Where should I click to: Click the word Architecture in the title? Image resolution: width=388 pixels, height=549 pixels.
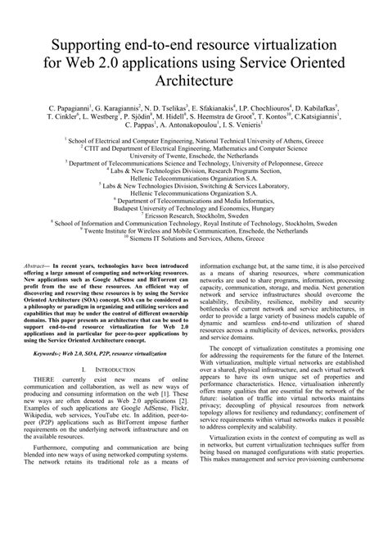[195, 82]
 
